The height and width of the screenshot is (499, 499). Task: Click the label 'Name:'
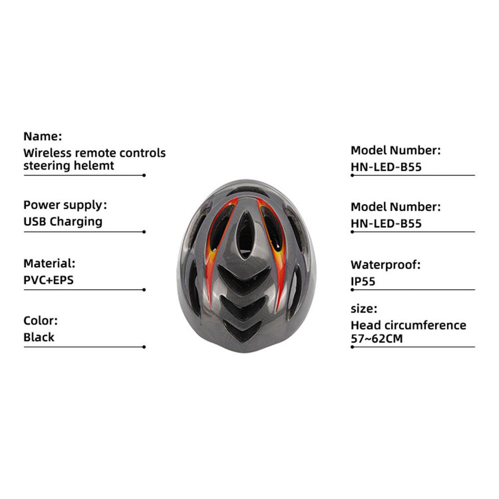point(43,136)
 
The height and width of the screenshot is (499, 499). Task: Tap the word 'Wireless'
point(47,153)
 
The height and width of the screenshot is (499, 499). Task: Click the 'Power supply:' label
point(65,205)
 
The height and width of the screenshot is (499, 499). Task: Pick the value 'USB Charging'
point(63,222)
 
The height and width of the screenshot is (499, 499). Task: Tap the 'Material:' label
point(49,264)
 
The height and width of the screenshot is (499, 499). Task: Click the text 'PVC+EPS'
point(48,280)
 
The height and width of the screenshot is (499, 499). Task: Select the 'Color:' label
point(40,321)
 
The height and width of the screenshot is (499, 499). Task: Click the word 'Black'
point(39,337)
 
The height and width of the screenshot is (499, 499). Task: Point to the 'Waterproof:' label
point(386,265)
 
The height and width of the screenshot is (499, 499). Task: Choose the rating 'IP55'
point(363,281)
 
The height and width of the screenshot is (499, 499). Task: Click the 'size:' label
point(364,309)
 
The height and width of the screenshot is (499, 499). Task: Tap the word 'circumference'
point(426,325)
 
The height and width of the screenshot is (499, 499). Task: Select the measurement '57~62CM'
point(377,338)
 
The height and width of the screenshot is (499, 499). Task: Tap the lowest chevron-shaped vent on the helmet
point(242,331)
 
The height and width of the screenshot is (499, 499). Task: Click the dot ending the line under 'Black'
point(144,347)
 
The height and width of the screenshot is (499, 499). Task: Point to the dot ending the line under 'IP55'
point(352,290)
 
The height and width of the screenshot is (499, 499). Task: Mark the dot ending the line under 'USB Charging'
point(144,232)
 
